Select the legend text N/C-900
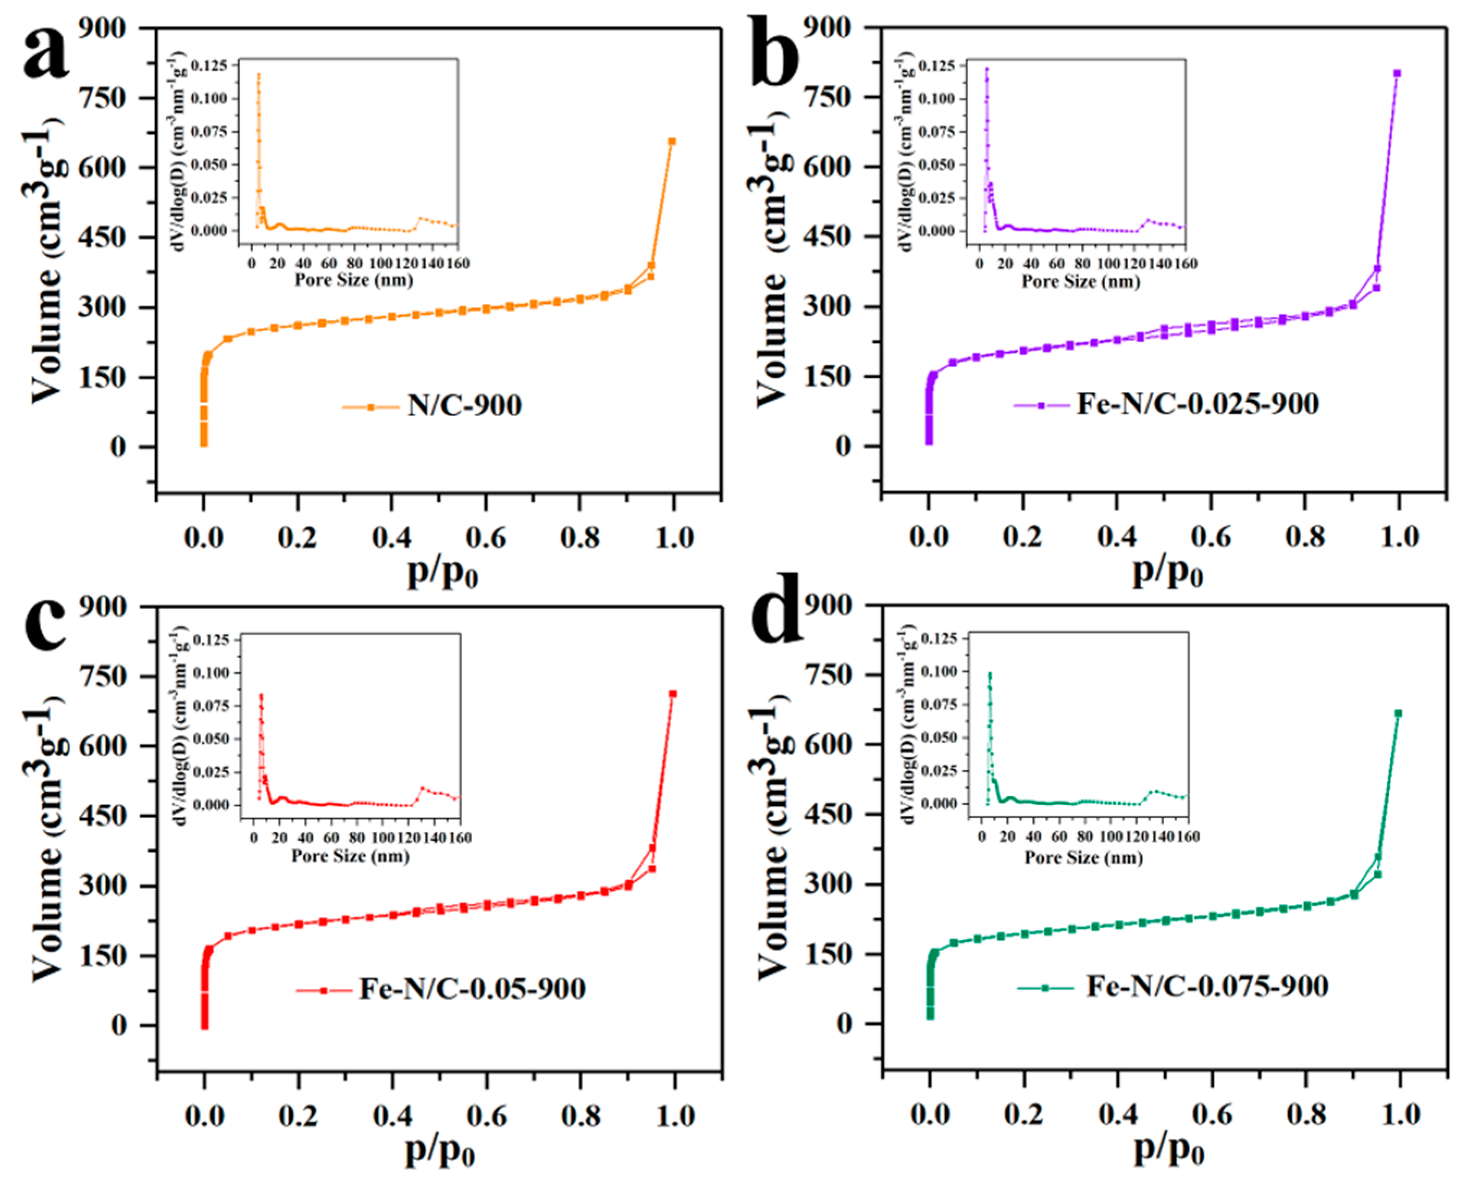[464, 406]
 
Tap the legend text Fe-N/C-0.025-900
[1198, 404]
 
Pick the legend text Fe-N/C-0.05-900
[472, 988]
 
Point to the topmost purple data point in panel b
[1397, 73]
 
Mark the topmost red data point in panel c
[673, 693]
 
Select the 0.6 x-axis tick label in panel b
[1211, 537]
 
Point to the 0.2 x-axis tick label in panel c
[298, 1116]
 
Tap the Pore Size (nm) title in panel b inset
[1080, 281]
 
